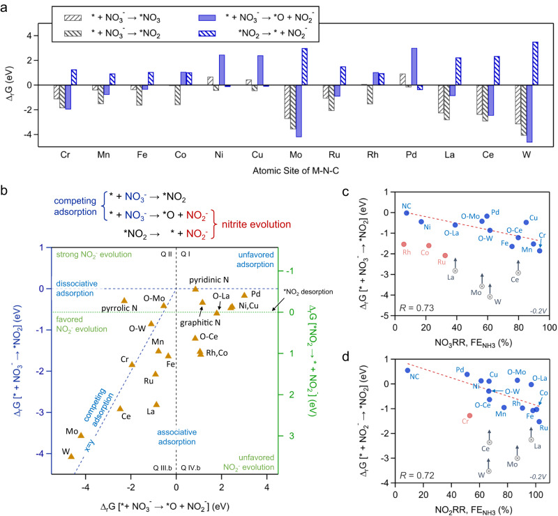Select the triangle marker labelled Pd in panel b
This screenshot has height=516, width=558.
(x=244, y=295)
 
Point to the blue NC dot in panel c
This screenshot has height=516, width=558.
(x=406, y=212)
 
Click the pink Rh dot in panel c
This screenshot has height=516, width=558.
(x=404, y=244)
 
